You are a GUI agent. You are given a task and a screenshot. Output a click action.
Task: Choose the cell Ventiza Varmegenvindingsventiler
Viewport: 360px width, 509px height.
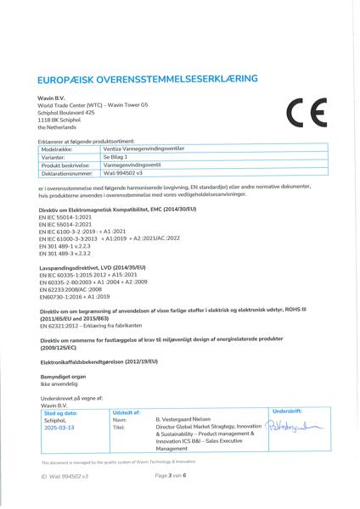coord(143,149)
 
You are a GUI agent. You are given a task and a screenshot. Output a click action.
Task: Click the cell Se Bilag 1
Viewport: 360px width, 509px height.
coord(115,157)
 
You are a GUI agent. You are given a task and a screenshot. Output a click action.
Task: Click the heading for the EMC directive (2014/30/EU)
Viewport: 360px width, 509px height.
coord(117,209)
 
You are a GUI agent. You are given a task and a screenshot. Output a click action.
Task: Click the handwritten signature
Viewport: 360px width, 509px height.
coord(297,426)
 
